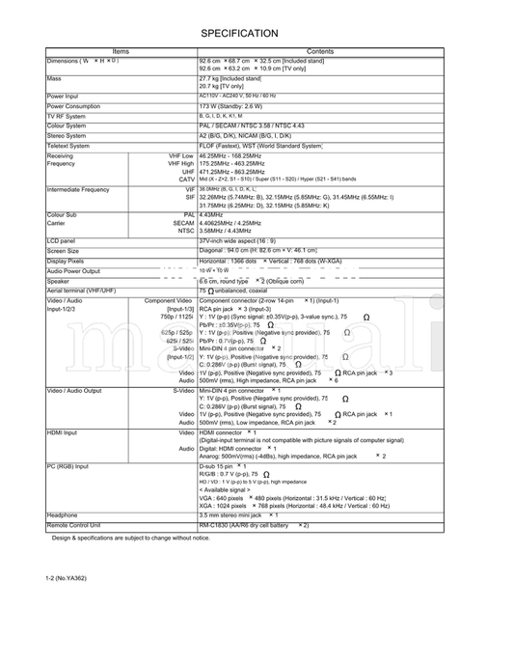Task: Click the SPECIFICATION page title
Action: coord(239,33)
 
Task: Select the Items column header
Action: coord(121,52)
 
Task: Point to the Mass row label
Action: coord(54,78)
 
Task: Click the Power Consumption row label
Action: coord(73,106)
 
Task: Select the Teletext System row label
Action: coord(68,146)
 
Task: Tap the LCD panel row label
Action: coord(61,240)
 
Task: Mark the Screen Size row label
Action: coord(63,251)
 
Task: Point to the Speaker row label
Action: coord(58,281)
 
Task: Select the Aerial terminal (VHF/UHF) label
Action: coord(81,291)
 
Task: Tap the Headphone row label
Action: coord(62,515)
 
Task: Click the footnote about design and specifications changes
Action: coord(117,538)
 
